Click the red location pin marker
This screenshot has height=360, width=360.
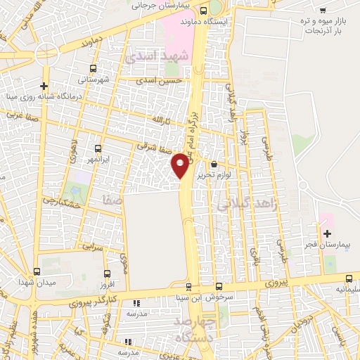(181, 165)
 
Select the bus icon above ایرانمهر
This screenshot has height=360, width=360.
(98, 148)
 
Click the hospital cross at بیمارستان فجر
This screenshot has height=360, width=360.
(326, 233)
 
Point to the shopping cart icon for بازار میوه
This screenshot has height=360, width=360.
(323, 10)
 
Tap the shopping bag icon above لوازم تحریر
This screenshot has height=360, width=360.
(214, 164)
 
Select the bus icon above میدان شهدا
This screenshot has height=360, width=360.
(37, 271)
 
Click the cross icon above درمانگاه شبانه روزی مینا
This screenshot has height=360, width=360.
(44, 84)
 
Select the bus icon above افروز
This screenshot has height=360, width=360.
(108, 274)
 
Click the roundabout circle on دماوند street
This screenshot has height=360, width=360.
(46, 52)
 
